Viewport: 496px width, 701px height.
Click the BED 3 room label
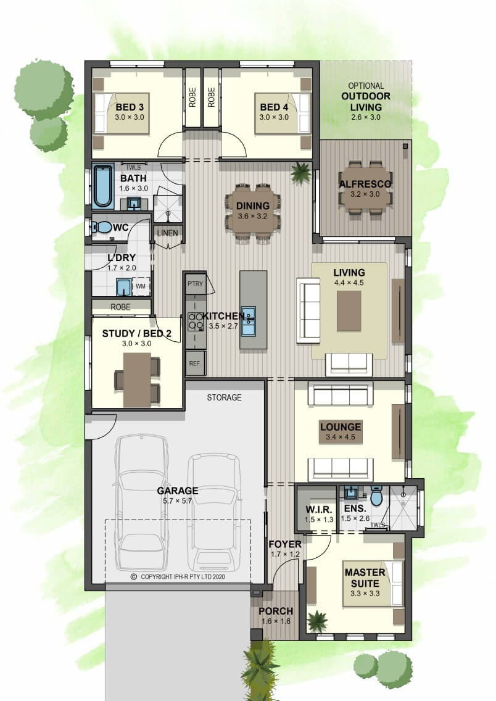coord(130,107)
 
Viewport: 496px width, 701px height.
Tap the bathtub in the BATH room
coord(103,186)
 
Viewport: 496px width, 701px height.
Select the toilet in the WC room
coord(102,228)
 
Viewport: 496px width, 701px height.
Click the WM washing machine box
coord(140,286)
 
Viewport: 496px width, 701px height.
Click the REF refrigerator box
coord(194,363)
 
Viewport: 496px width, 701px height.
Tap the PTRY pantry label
coord(196,284)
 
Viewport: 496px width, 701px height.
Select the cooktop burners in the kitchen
coord(196,320)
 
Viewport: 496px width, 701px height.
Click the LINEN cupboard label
coord(168,233)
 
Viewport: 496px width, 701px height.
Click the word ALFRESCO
coord(365,184)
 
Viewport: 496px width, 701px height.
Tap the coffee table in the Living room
coord(349,311)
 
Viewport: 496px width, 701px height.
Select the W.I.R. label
coord(318,510)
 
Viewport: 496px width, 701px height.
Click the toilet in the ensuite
coord(377,496)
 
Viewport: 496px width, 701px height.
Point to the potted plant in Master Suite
coord(318,621)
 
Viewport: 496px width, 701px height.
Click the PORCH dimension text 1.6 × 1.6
coord(276,621)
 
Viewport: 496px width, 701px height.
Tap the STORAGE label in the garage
coord(225,397)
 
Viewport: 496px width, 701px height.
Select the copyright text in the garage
coord(178,577)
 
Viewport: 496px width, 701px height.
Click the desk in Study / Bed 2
coord(137,380)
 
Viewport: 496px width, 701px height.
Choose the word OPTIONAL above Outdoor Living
coord(366,86)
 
